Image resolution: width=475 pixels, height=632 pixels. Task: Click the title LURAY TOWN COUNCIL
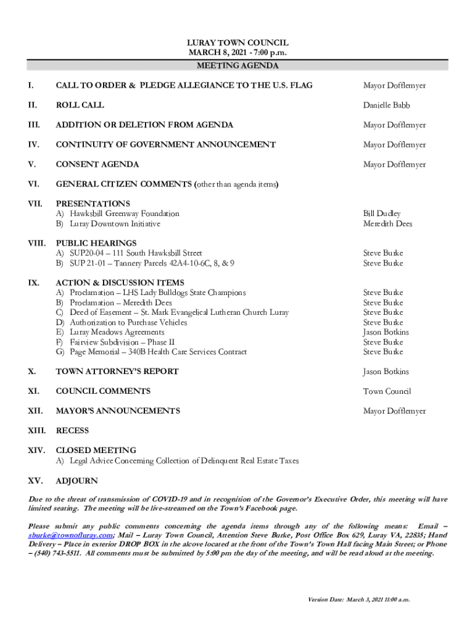coord(238,43)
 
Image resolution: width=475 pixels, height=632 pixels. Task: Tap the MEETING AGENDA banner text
coord(238,65)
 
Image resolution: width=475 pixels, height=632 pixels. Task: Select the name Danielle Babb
coord(386,106)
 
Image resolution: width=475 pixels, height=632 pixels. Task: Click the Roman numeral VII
coord(35,204)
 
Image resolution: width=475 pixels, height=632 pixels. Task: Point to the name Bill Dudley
coord(382,214)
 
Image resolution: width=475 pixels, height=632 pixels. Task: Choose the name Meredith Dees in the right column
coord(387,224)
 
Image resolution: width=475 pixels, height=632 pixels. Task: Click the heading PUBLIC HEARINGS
coord(96,243)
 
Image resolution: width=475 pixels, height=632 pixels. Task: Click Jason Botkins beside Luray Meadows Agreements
coord(386,333)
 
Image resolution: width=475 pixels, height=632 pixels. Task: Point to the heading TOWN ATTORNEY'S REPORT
coord(117,372)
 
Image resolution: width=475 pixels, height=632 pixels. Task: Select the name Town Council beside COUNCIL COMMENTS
coord(387,391)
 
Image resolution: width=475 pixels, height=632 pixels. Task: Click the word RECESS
coord(72,431)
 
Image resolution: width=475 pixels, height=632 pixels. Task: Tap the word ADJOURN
coord(76,481)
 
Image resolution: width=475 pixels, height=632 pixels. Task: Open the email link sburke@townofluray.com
coord(70,535)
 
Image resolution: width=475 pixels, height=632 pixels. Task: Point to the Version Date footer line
coord(359,599)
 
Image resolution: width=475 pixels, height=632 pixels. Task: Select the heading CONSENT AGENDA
coord(97,165)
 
